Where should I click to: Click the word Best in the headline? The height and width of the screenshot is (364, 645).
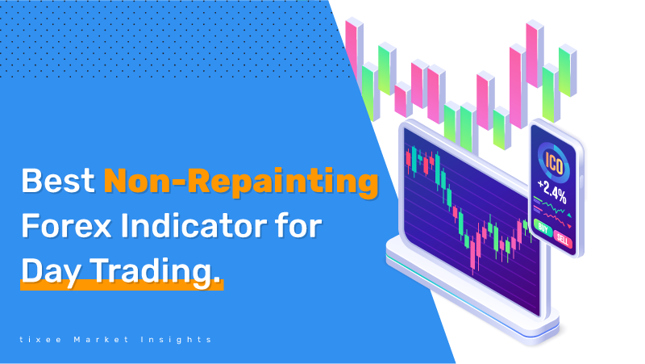tap(58, 180)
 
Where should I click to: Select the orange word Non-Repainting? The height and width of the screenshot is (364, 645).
tap(241, 183)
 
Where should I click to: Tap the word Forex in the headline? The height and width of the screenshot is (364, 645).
tap(67, 226)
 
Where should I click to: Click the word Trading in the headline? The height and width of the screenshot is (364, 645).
tap(152, 271)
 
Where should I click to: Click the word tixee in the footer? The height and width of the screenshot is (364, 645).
tap(41, 340)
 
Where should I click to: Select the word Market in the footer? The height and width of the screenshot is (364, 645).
tap(102, 340)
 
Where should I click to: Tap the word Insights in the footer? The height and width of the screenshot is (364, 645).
tap(176, 340)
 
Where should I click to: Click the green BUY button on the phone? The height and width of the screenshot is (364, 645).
tap(543, 228)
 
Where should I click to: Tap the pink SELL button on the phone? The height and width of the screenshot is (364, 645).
tap(562, 239)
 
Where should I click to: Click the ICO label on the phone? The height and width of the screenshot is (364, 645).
tap(553, 164)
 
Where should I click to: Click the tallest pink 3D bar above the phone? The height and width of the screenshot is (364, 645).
tap(535, 53)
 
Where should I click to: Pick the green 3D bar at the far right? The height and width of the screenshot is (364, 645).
tap(568, 70)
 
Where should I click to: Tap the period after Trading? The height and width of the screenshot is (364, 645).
tap(217, 282)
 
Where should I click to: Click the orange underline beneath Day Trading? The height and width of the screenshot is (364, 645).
tap(122, 285)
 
